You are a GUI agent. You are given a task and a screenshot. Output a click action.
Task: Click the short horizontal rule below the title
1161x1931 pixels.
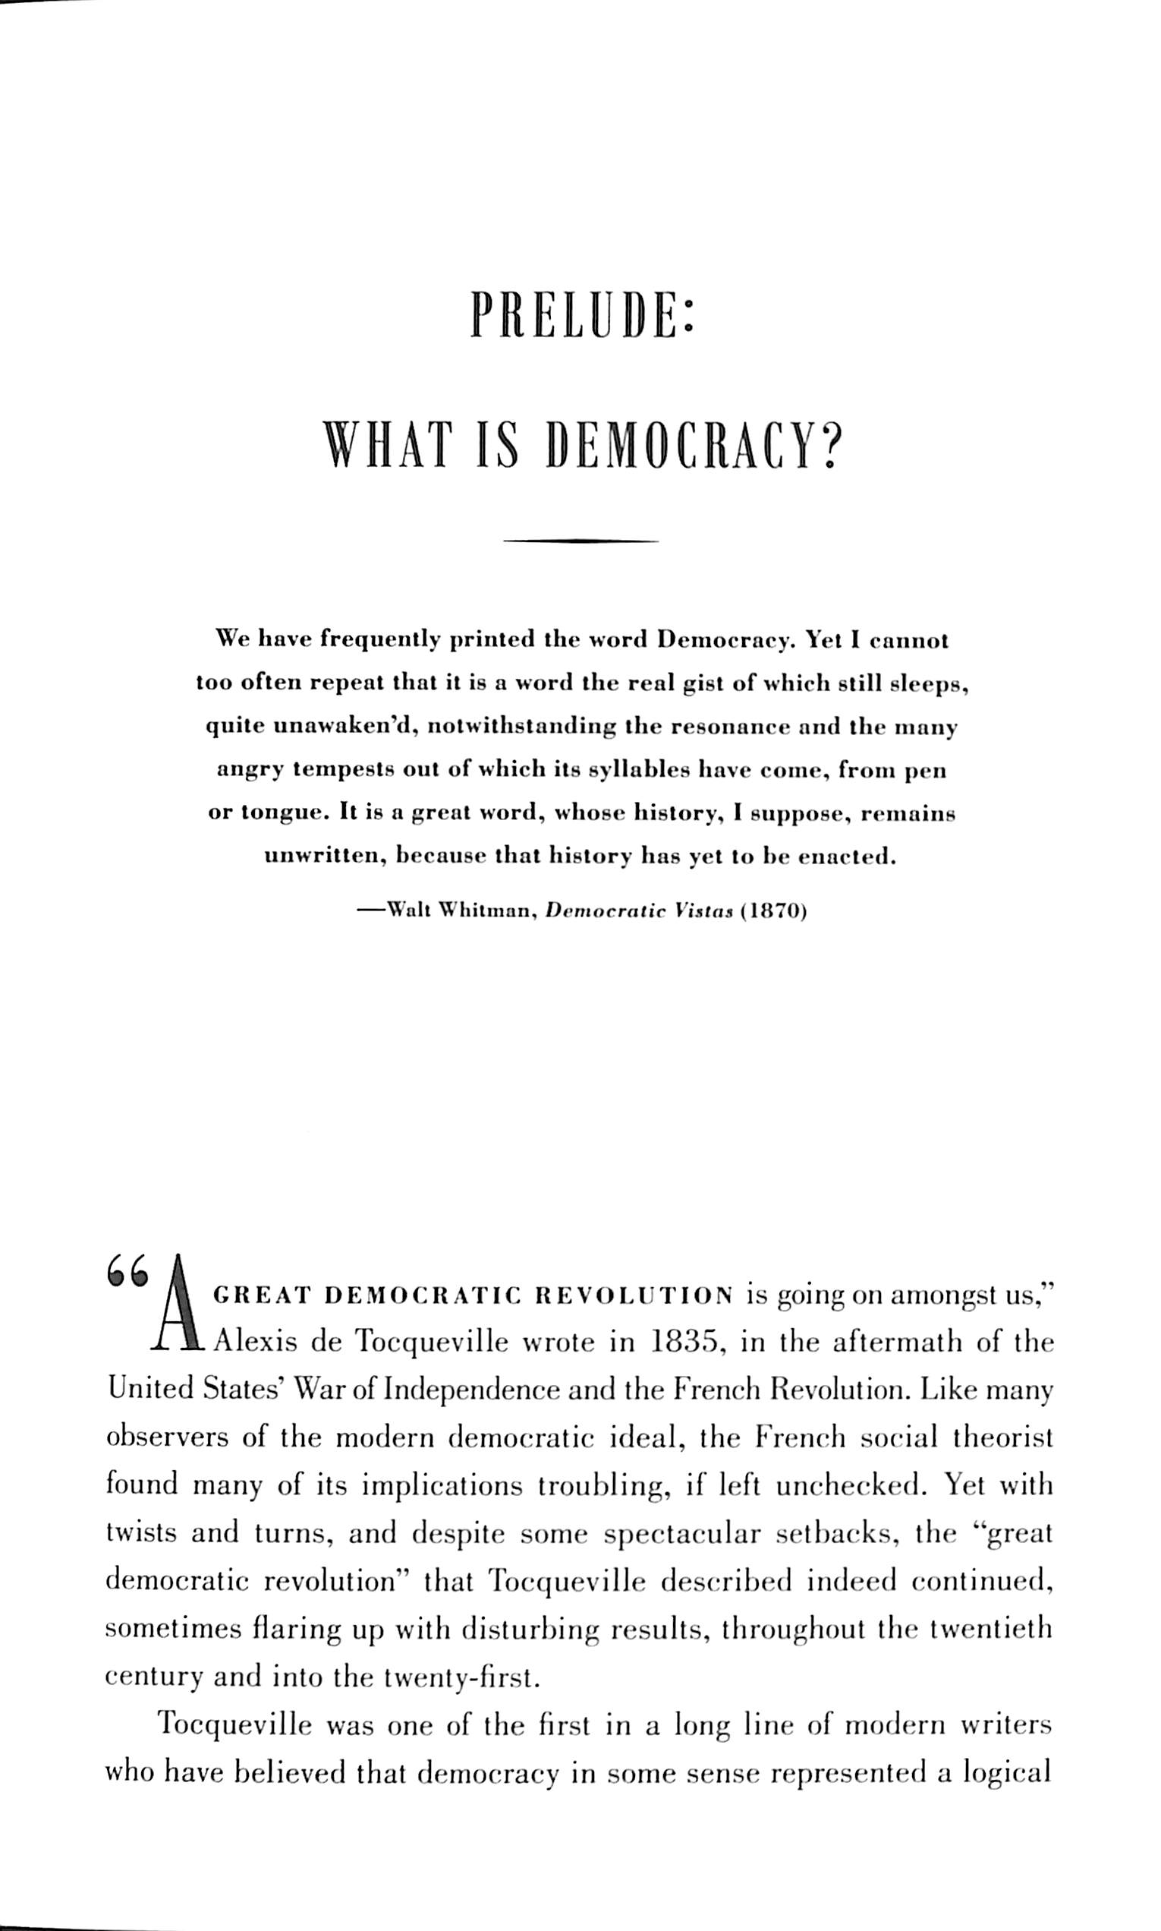tap(580, 540)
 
